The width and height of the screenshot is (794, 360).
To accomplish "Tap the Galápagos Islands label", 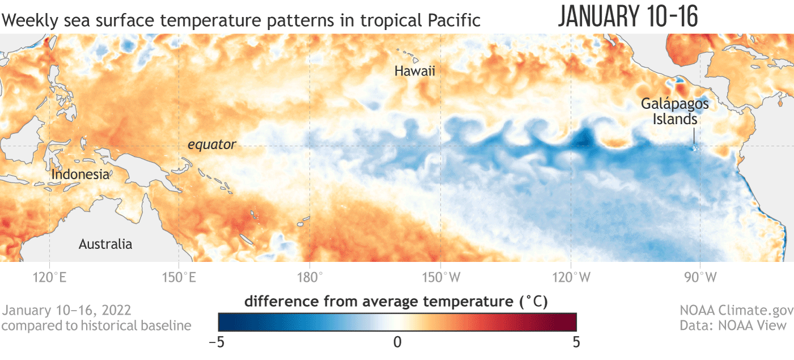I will [x=675, y=112].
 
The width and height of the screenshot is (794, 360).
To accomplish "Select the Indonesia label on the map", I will [x=80, y=174].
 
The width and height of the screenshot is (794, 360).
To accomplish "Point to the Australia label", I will [x=105, y=244].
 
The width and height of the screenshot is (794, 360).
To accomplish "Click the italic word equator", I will [x=212, y=145].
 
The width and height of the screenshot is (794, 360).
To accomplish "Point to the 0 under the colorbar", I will [x=397, y=342].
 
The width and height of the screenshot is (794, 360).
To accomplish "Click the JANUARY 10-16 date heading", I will [x=628, y=17].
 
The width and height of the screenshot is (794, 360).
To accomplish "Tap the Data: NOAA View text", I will [x=733, y=325].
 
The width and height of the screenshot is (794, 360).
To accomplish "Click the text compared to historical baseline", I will [x=96, y=325].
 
